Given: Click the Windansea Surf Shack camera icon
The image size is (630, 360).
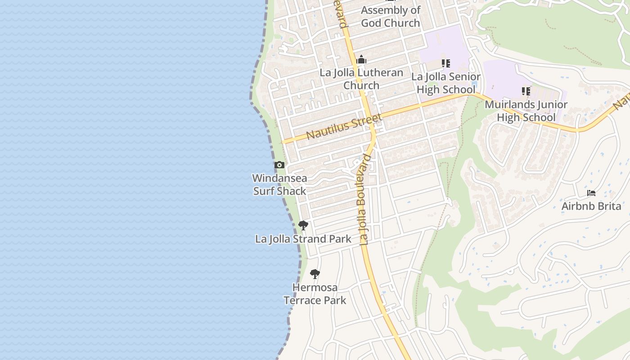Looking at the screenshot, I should coord(279,165).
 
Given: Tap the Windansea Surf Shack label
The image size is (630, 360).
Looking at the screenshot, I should coord(279,184).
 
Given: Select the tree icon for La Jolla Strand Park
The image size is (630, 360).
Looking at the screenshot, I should coord(303,225).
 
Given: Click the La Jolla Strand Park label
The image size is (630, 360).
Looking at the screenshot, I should coord(303,239).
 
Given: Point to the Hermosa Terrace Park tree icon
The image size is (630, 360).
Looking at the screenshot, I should coord(315,274).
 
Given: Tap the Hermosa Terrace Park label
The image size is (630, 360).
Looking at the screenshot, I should coord(315,294).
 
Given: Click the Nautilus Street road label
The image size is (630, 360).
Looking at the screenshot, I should coord(344,126).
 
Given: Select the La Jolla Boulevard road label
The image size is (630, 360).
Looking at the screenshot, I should coord(365,199).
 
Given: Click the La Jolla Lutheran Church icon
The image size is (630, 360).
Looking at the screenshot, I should coord(361,60).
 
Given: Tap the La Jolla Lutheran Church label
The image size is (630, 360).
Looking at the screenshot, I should coord(361,79).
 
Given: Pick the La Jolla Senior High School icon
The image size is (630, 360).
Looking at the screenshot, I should coord(446,63).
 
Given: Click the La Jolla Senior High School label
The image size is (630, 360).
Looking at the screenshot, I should coord(446,83).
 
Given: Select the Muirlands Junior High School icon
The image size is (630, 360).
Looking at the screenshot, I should coord(526,91).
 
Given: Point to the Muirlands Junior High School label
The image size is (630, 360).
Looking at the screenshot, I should coord(526,111).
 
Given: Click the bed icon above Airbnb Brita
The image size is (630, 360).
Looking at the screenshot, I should coord(591,193).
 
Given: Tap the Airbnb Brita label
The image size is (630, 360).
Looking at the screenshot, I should coord(591,207).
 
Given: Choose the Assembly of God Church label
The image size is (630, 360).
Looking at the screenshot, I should coord(391,17).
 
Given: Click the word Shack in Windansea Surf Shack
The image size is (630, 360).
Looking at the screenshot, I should coord(292,191).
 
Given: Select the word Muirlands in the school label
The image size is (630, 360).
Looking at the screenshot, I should coord(505,105).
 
